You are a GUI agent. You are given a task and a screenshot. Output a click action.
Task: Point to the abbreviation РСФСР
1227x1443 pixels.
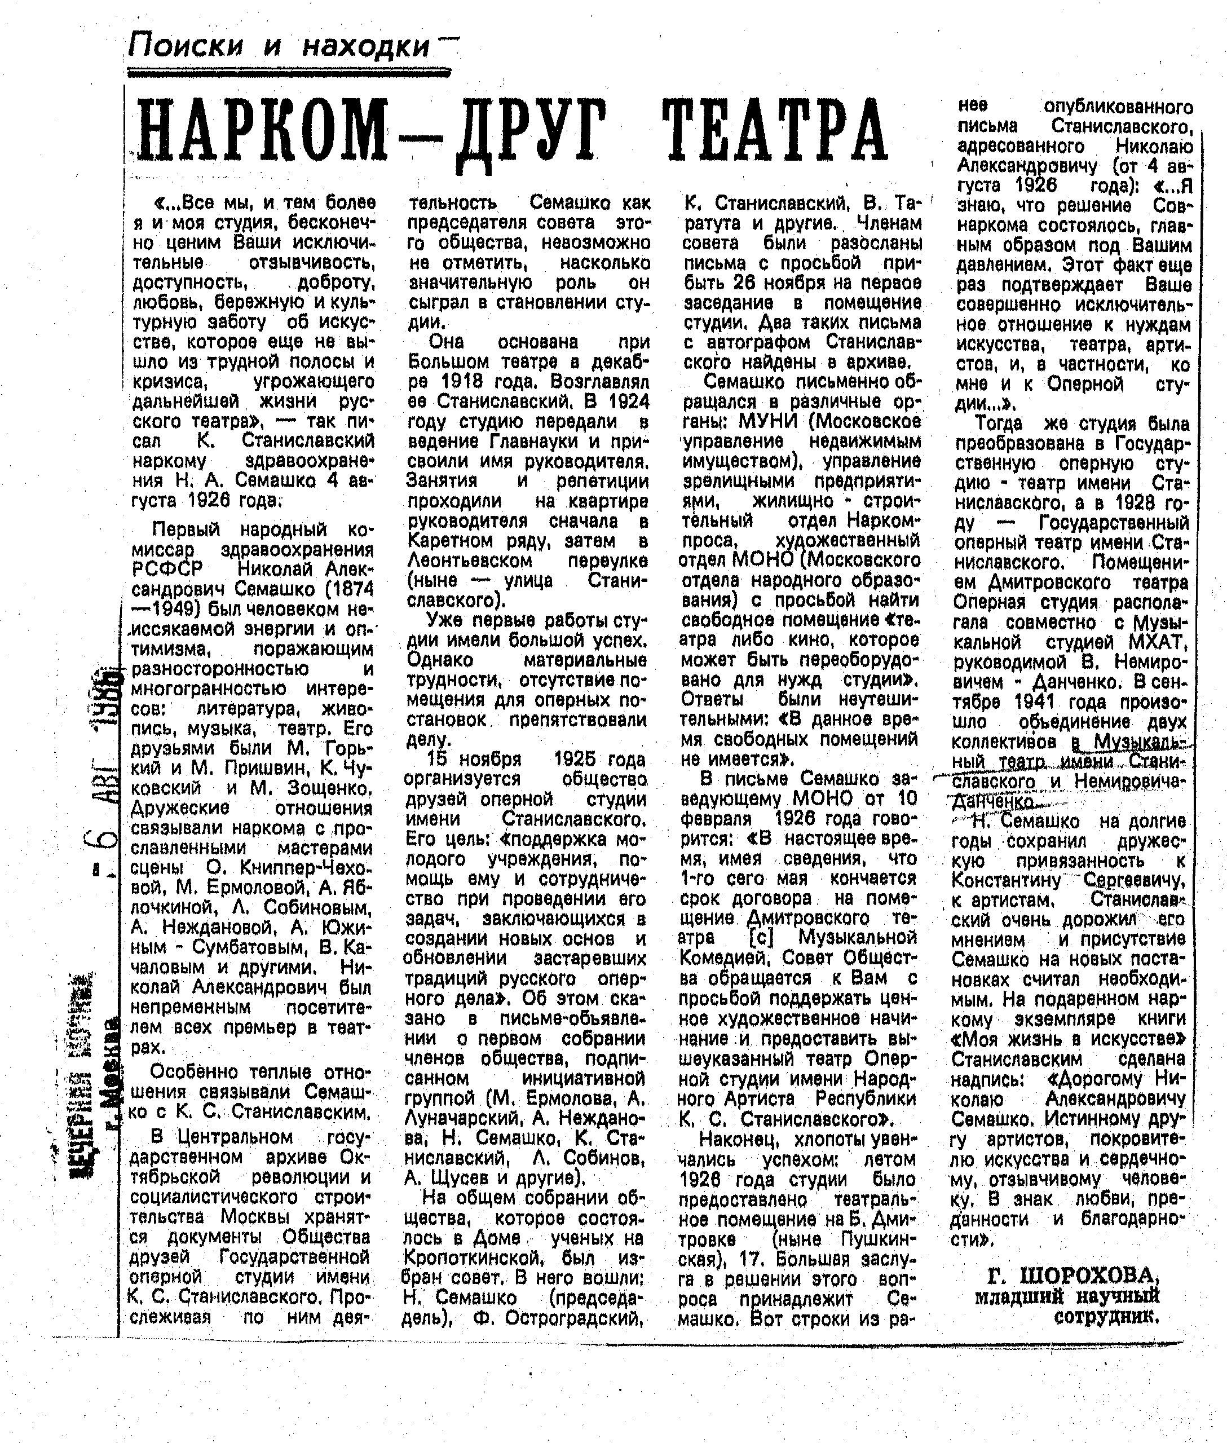coord(167,569)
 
